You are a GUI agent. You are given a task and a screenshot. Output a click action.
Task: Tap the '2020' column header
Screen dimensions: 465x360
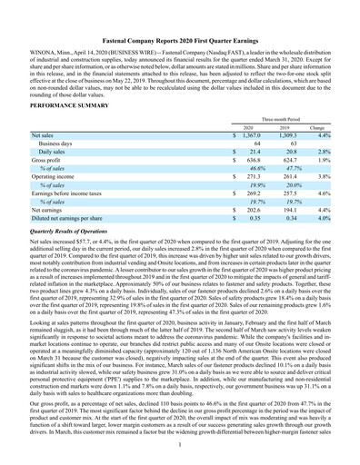pyautogui.click(x=246, y=128)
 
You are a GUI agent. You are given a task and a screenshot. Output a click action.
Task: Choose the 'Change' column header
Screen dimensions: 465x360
pyautogui.click(x=325, y=128)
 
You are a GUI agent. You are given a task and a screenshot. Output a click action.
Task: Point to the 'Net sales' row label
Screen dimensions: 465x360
pyautogui.click(x=42, y=135)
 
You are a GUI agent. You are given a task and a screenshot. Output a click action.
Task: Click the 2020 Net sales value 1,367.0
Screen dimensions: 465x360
pyautogui.click(x=249, y=135)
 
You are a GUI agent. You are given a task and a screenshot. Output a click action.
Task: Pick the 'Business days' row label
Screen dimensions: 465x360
pyautogui.click(x=55, y=143)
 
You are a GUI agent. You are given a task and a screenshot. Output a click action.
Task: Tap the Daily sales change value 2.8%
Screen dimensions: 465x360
pyautogui.click(x=331, y=152)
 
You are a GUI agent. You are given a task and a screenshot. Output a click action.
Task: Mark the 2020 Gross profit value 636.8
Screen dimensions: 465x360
pyautogui.click(x=251, y=161)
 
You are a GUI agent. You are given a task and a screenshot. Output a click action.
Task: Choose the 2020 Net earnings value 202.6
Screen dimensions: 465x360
pyautogui.click(x=251, y=211)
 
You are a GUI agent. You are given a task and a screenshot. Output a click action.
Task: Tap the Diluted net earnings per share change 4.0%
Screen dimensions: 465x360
pyautogui.click(x=331, y=219)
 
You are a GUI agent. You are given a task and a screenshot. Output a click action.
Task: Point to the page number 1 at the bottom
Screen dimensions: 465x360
pyautogui.click(x=180, y=443)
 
